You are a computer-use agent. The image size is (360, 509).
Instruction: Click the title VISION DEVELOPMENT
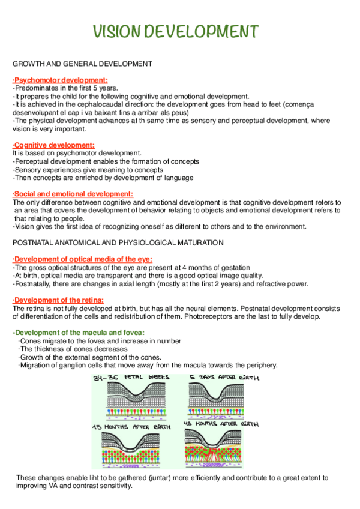point(177,31)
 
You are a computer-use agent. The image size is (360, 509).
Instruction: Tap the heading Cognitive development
point(53,145)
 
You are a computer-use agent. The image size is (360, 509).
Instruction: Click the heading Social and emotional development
point(73,194)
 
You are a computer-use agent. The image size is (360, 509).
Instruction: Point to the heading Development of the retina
point(58,300)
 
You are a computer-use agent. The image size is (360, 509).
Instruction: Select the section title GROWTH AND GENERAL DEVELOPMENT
point(82,64)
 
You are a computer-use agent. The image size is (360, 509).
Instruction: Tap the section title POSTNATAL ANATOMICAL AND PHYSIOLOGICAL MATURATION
point(118,242)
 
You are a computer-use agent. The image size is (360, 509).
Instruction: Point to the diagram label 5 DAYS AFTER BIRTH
point(224,378)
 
